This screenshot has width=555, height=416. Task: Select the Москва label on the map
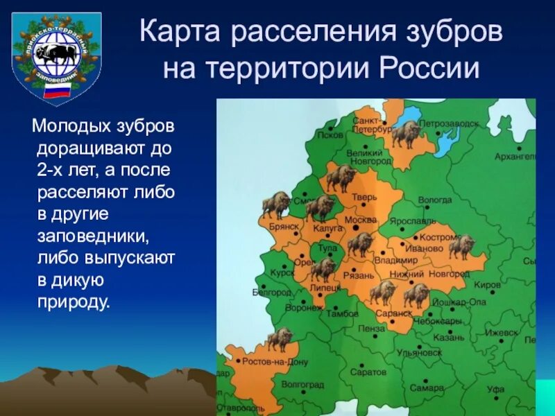pos(359,220)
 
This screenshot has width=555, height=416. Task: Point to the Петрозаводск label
pos(448,123)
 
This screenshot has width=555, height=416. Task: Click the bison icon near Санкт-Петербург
pos(406,133)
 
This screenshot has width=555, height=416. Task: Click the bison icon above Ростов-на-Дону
pos(280,339)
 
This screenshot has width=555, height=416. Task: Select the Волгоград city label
pos(302,384)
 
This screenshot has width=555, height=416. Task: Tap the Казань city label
pos(447,338)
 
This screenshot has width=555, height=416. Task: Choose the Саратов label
pos(368,372)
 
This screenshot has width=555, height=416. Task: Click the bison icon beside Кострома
pos(461,246)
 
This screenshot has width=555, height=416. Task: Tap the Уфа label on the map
pos(495,389)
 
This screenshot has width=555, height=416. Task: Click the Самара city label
pos(426,388)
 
